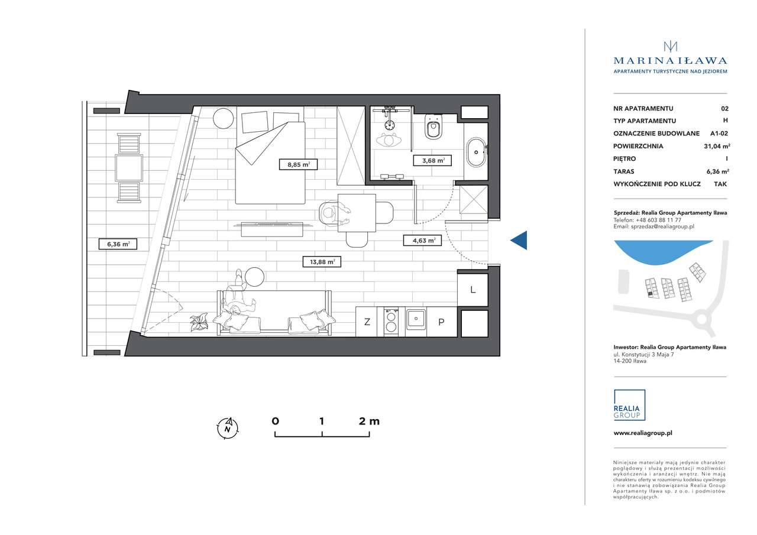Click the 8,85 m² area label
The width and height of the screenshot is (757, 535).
(x=298, y=164)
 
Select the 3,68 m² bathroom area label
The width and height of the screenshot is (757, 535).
(x=432, y=160)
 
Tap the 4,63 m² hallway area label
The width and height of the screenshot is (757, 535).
(x=422, y=241)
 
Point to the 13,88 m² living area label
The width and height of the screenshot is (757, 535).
(x=322, y=262)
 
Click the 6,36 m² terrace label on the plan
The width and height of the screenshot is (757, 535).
(x=118, y=244)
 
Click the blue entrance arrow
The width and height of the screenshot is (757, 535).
(x=519, y=241)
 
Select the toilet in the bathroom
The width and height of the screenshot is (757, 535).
(x=434, y=127)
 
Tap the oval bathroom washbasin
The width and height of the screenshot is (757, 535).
(x=476, y=152)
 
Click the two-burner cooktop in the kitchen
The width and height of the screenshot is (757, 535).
(x=391, y=322)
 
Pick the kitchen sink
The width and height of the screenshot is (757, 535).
(x=416, y=319)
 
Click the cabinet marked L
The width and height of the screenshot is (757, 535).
(x=473, y=290)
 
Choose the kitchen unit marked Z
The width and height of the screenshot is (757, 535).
(x=367, y=322)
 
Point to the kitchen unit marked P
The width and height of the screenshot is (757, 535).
(x=441, y=322)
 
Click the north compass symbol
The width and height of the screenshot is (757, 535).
(x=228, y=428)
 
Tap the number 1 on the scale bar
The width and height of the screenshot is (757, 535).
(x=321, y=421)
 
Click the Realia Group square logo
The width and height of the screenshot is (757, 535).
(x=629, y=405)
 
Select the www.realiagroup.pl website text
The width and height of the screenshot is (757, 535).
(x=643, y=433)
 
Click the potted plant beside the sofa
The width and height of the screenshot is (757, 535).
(x=199, y=322)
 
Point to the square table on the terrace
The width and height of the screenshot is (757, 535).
(x=129, y=168)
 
